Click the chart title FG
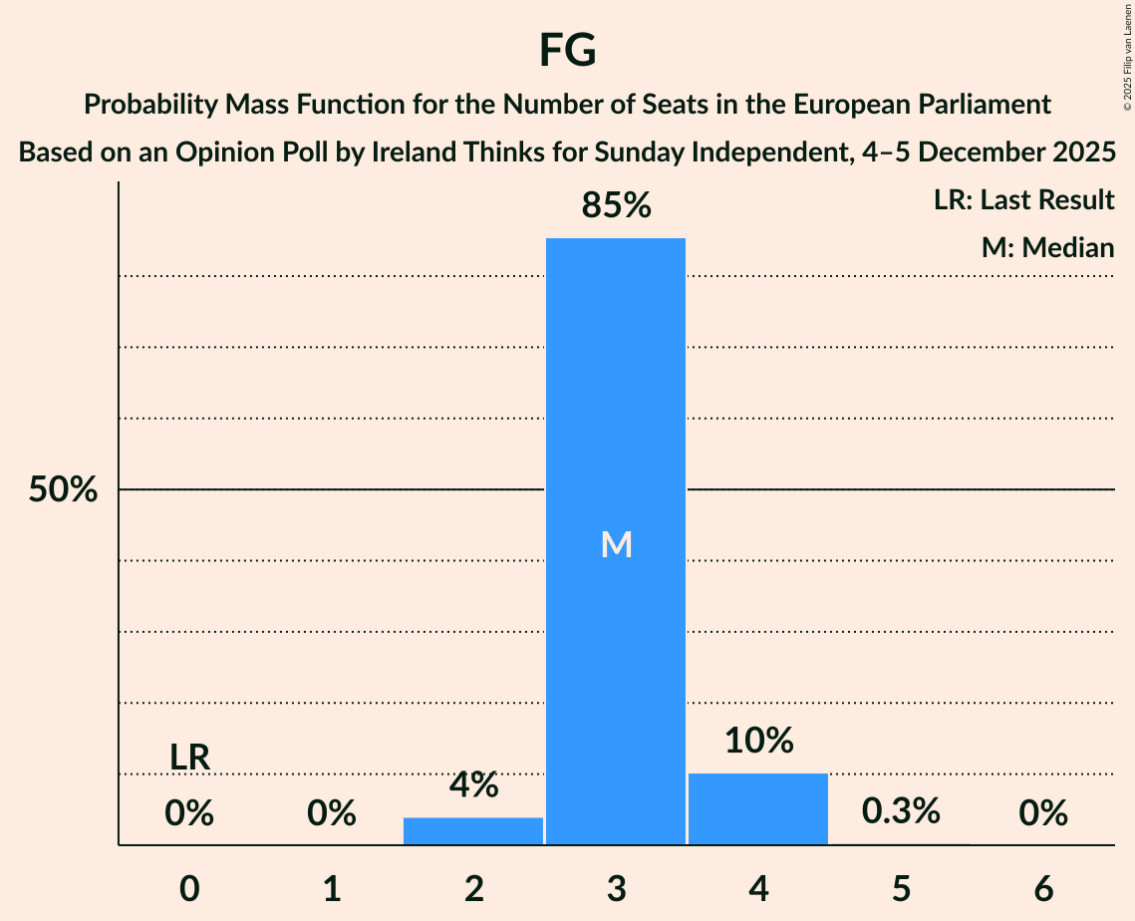point(567,50)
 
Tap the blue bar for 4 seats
point(758,808)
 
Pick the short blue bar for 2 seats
point(473,830)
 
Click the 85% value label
point(616,205)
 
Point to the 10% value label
point(758,741)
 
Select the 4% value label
point(473,785)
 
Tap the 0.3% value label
point(901,811)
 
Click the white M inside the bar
point(616,544)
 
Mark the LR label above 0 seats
point(189,758)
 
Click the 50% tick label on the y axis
point(63,490)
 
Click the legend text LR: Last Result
point(1023,200)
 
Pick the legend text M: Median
point(1047,247)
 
